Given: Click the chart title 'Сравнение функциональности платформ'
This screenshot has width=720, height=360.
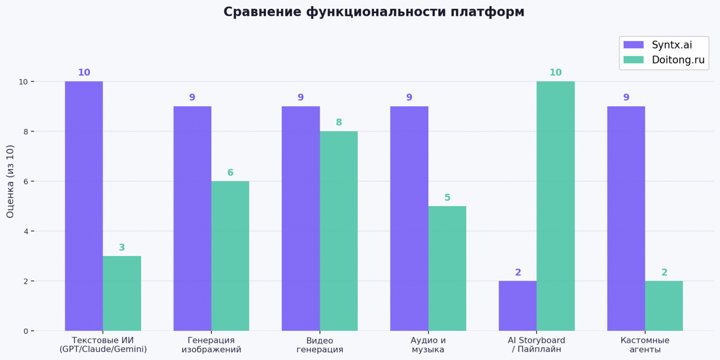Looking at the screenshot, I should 373,12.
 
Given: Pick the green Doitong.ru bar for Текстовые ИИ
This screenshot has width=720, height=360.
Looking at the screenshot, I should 122,293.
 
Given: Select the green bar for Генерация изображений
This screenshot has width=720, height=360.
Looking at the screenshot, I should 230,256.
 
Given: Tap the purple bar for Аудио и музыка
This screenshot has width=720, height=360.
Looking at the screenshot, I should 409,219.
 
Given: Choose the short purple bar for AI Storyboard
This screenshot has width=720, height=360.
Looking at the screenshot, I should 517,306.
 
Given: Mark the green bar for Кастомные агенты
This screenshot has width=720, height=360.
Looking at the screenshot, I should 664,306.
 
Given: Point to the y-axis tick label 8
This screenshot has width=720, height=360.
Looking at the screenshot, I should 26,131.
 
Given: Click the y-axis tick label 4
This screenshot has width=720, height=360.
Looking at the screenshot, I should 26,231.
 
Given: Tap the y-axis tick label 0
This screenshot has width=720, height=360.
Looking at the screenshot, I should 26,331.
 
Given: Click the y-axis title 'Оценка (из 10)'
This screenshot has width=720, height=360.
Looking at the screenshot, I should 10,181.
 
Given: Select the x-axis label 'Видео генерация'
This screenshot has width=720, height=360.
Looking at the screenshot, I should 319,345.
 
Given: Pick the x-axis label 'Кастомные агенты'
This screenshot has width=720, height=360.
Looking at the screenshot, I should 645,345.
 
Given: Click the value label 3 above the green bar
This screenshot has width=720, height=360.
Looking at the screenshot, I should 121,247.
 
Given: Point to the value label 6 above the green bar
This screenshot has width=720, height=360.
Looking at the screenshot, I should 230,172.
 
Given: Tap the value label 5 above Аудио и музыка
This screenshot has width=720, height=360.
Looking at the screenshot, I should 447,198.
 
